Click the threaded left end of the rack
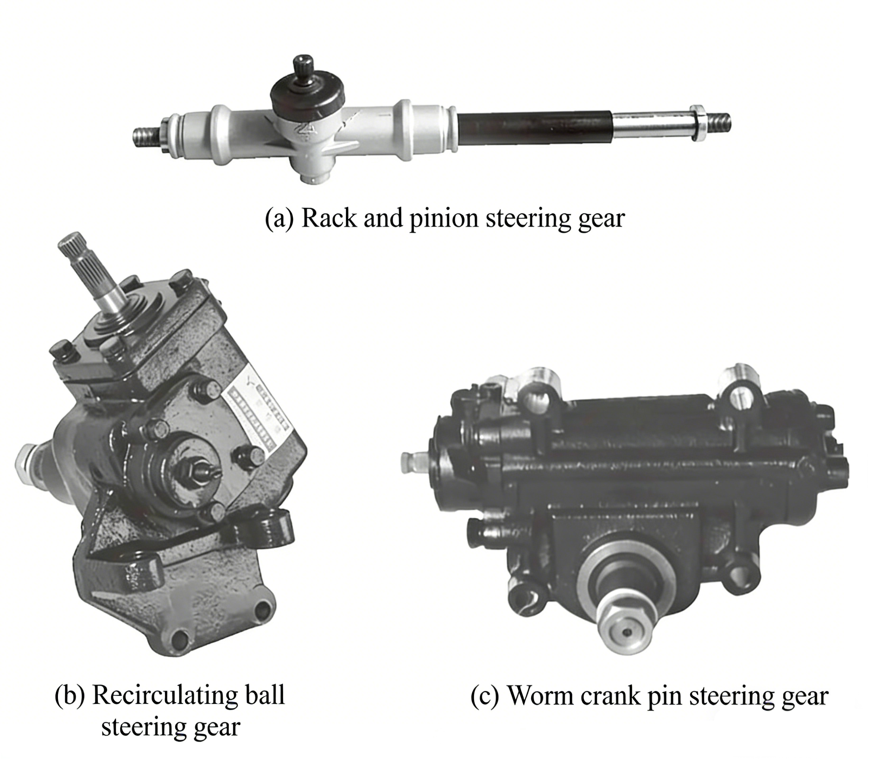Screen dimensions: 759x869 [x=146, y=138]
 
